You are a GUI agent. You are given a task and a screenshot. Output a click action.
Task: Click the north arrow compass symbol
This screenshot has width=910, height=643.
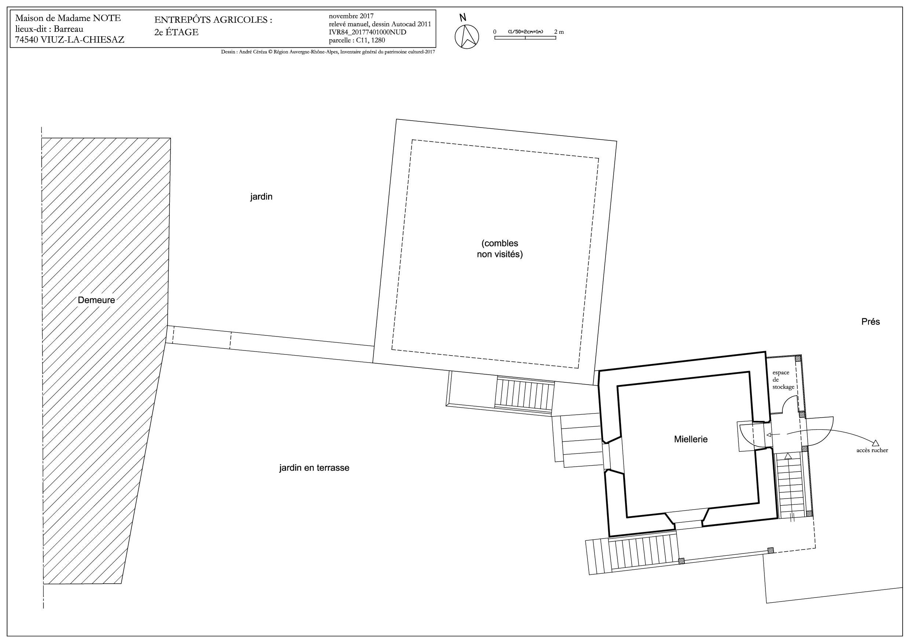pyautogui.click(x=467, y=37)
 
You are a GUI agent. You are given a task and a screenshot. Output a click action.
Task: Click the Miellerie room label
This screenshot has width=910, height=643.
pyautogui.click(x=691, y=439)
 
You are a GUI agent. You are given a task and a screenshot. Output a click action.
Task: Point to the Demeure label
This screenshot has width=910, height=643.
pyautogui.click(x=96, y=300)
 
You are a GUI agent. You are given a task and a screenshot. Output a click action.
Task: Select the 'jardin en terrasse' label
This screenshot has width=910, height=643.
pyautogui.click(x=314, y=467)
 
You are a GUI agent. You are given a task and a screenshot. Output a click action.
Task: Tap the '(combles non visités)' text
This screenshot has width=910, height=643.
pyautogui.click(x=500, y=249)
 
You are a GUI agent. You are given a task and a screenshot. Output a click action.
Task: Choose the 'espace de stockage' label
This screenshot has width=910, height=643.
pyautogui.click(x=783, y=379)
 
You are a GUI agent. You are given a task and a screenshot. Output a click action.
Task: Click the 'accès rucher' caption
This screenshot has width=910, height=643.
pyautogui.click(x=872, y=450)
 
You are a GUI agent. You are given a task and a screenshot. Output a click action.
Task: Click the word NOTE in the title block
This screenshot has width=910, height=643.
pyautogui.click(x=107, y=18)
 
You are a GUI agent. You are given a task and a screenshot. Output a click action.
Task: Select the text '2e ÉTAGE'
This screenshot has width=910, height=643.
pyautogui.click(x=176, y=32)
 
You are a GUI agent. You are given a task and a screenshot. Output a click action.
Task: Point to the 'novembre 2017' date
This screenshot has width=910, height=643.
pyautogui.click(x=351, y=16)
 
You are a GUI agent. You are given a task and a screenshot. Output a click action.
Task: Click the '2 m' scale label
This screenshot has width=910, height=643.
pyautogui.click(x=559, y=32)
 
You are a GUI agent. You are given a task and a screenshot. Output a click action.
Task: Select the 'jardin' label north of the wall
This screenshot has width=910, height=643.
pyautogui.click(x=261, y=197)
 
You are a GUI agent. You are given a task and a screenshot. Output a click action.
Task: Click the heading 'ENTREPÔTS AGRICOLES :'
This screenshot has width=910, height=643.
pyautogui.click(x=213, y=20)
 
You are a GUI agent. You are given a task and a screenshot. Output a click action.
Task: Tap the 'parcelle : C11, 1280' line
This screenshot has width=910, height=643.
pyautogui.click(x=357, y=40)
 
